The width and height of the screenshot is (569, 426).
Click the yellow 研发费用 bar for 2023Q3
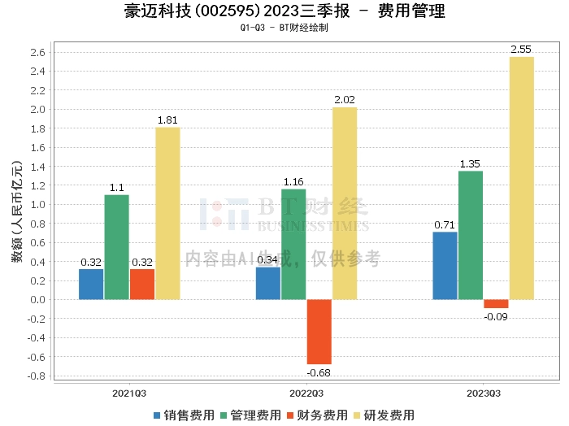[x=522, y=178]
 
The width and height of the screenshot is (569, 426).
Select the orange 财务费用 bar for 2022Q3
[x=319, y=332]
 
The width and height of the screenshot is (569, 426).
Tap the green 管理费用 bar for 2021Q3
[x=116, y=247]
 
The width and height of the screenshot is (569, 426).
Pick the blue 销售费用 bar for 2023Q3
[x=445, y=266]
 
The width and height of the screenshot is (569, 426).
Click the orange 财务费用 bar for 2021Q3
[x=141, y=284]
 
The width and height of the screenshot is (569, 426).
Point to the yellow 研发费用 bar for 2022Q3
[x=345, y=203]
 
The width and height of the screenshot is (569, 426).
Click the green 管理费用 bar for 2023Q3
[x=471, y=235]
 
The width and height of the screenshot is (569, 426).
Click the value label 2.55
[x=521, y=50]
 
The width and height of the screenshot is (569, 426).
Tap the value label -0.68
[x=319, y=372]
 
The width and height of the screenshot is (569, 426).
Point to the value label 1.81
[x=167, y=120]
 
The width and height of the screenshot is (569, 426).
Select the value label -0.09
[x=496, y=316]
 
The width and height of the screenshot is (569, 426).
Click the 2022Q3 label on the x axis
[x=306, y=393]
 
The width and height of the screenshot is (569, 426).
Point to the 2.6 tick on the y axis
[x=38, y=53]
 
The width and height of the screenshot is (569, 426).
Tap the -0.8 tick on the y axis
[x=37, y=376]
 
